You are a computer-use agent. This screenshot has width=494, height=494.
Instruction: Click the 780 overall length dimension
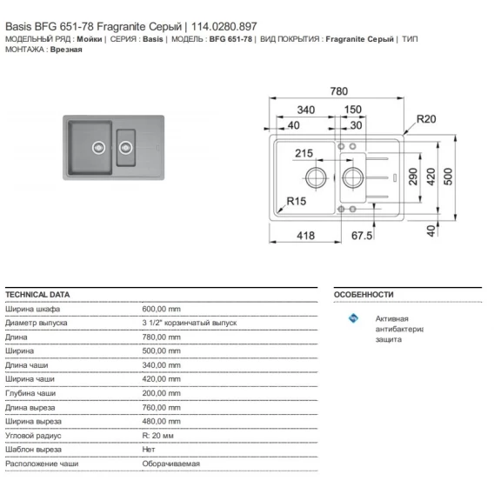coord(338,91)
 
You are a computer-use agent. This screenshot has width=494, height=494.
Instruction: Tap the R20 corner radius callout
coord(426,119)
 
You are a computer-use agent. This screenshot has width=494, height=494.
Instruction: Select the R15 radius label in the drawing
coord(297,201)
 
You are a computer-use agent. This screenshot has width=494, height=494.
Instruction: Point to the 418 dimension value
coord(305,236)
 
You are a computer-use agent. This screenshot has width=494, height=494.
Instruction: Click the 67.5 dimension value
coord(362,236)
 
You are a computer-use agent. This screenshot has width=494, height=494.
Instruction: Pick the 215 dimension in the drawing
coord(304,153)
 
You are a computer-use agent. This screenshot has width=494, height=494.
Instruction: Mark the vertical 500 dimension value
coord(448,177)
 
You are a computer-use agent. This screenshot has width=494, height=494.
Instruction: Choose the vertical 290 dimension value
coord(413,177)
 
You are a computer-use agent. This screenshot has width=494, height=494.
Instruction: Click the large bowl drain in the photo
coord(98,148)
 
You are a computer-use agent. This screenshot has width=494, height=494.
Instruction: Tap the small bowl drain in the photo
coord(125,148)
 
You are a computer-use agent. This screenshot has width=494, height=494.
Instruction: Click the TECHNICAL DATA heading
coord(37,295)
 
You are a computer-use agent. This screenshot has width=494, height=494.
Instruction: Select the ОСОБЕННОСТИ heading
coord(364,295)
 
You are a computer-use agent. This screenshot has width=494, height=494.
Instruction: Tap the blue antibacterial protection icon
coord(353,318)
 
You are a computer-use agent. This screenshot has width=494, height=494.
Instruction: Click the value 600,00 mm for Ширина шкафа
coord(161,309)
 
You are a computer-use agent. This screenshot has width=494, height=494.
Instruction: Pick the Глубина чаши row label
coord(30,393)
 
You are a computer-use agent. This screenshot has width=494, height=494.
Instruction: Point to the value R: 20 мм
coord(157,436)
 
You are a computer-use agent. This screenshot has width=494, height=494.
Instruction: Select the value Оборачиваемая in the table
coord(170,464)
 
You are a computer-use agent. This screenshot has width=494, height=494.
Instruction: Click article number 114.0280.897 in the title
coord(224,26)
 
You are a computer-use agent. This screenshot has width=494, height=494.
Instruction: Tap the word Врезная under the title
coord(66,50)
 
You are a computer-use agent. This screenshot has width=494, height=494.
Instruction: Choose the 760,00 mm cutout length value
coord(161,407)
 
